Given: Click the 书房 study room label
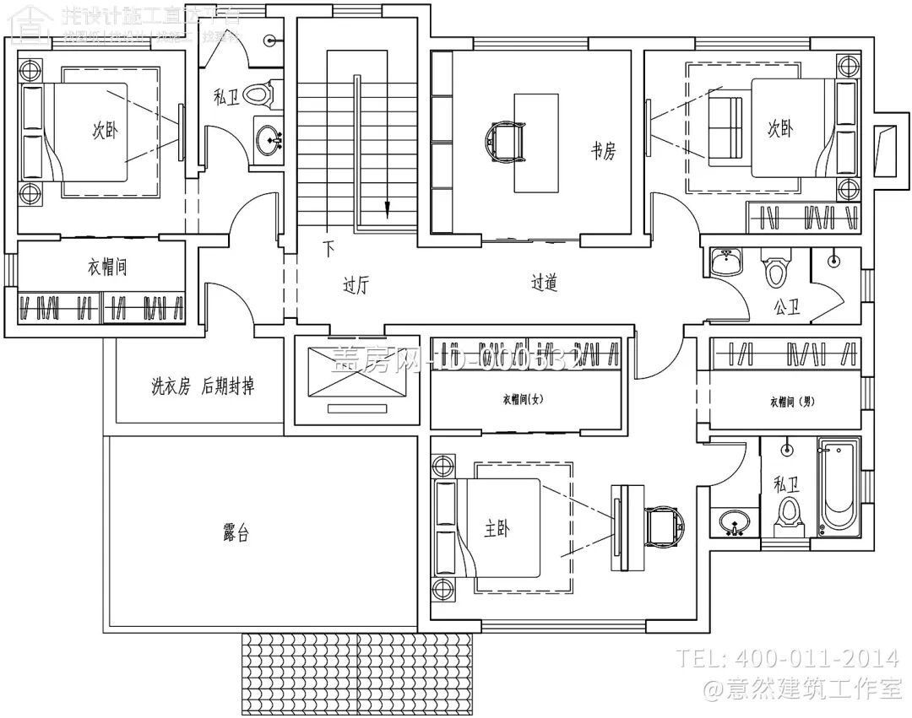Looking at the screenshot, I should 603,151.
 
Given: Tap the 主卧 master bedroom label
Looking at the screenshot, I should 497,529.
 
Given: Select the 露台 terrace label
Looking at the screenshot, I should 236,534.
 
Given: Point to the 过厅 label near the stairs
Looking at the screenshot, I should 356,284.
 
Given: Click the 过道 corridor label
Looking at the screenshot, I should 544,283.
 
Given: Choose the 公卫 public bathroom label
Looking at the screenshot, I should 785,308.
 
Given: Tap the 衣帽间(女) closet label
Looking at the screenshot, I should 522,400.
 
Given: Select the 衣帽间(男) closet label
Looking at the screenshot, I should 790,402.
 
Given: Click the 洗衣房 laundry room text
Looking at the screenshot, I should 171,386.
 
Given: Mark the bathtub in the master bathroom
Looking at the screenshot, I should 838,488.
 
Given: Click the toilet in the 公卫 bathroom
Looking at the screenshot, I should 774,267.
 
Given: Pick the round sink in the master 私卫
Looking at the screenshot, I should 734,523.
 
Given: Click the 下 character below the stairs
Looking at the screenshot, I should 328,249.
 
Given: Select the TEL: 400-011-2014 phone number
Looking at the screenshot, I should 789,658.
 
